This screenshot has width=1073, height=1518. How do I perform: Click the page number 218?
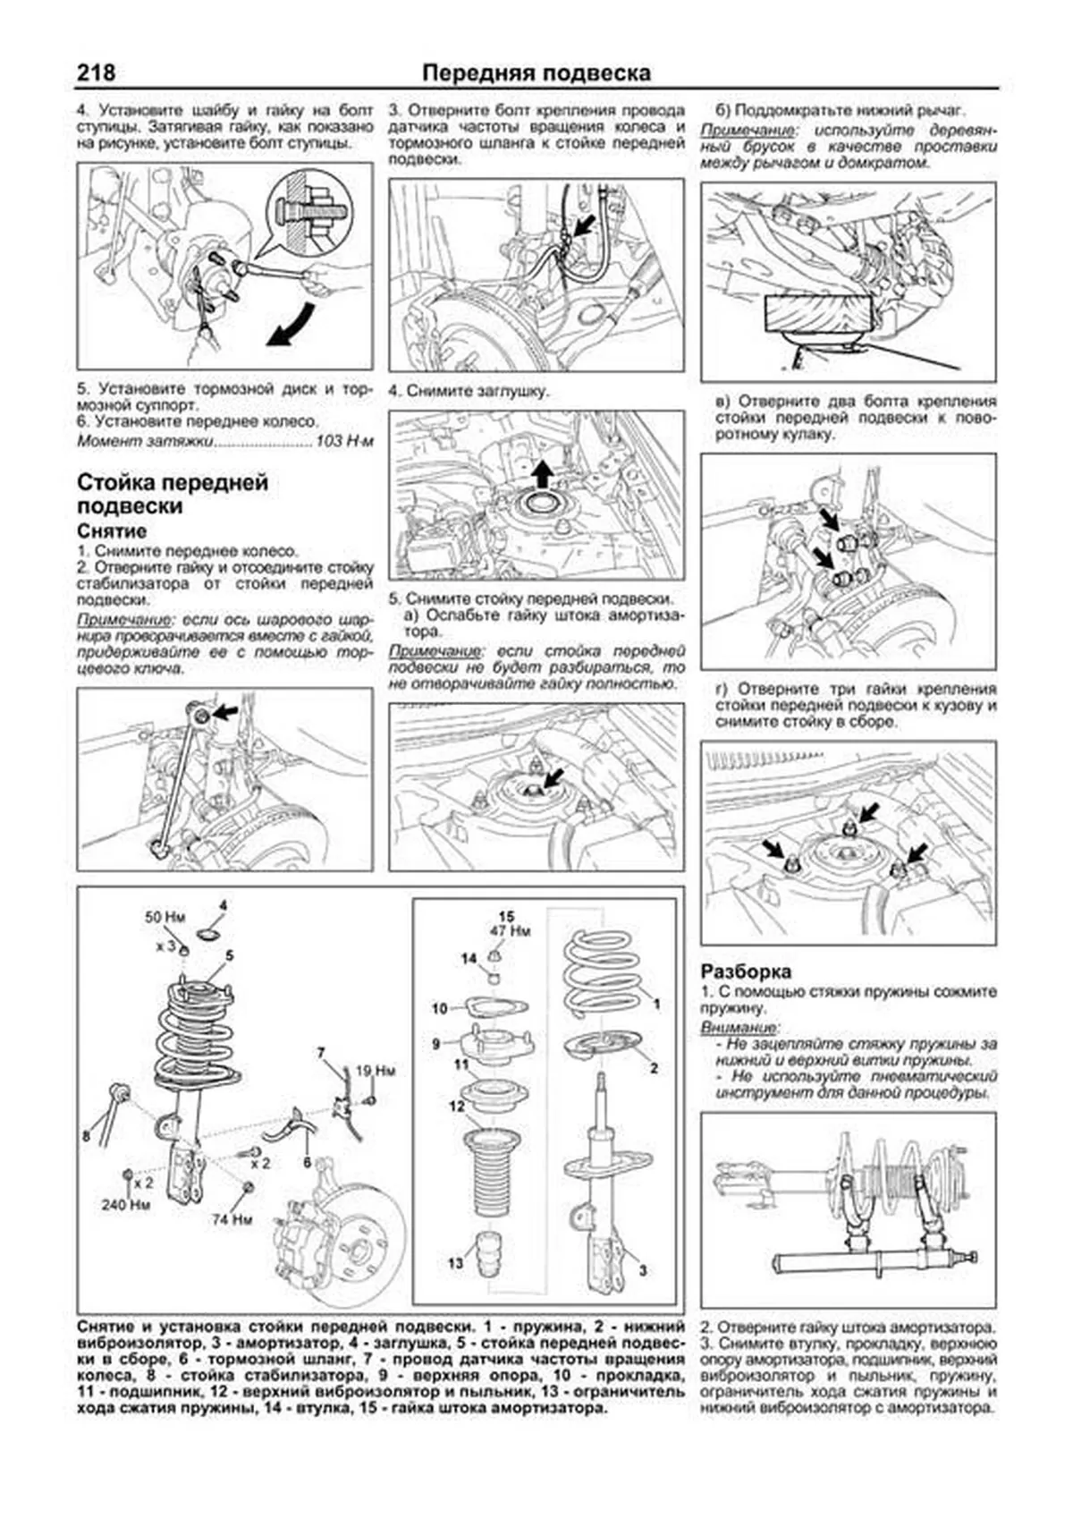pyautogui.click(x=96, y=72)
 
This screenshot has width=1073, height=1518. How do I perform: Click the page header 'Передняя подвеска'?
pyautogui.click(x=536, y=72)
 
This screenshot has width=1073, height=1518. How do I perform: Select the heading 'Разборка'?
pyautogui.click(x=746, y=971)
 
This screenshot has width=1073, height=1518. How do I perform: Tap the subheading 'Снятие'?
pyautogui.click(x=112, y=531)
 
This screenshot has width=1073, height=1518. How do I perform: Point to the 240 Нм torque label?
pyautogui.click(x=125, y=1205)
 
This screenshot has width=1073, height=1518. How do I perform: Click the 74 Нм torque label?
pyautogui.click(x=231, y=1219)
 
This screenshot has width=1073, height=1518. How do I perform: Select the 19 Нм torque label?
pyautogui.click(x=375, y=1071)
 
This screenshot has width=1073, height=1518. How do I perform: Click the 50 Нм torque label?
pyautogui.click(x=165, y=918)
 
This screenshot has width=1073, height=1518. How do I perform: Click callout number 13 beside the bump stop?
pyautogui.click(x=456, y=1263)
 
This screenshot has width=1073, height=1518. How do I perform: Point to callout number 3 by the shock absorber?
pyautogui.click(x=642, y=1270)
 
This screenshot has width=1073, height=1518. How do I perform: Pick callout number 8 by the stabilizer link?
pyautogui.click(x=86, y=1137)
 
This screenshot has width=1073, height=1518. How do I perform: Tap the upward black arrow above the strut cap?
pyautogui.click(x=540, y=471)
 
